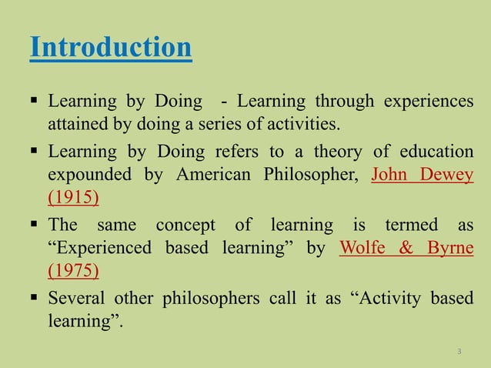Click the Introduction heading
[111, 48]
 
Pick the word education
[436, 151]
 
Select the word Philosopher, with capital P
[311, 173]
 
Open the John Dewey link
[423, 173]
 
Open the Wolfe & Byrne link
[406, 248]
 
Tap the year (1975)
[73, 271]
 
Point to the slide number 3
[459, 352]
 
